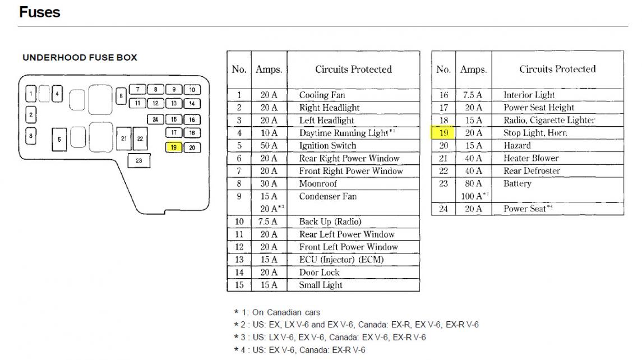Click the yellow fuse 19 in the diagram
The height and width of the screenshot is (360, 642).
[x=174, y=147]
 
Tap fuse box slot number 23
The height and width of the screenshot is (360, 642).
[x=139, y=160]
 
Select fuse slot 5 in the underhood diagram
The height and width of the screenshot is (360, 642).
[x=59, y=139]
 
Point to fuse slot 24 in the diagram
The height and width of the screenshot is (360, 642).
[x=155, y=119]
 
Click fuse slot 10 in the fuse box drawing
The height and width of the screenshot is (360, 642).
[x=192, y=89]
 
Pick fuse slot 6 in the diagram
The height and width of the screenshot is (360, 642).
[x=121, y=96]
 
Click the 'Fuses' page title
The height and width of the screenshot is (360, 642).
[x=40, y=12]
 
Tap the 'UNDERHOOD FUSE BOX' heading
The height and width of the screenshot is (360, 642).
[x=80, y=57]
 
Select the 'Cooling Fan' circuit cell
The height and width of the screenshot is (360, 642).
[x=322, y=95]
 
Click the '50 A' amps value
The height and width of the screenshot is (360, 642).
[x=269, y=145]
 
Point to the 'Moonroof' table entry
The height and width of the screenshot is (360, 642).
[x=318, y=183]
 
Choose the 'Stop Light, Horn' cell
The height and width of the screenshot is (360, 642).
[x=535, y=133]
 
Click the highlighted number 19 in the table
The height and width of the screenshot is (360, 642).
[x=444, y=133]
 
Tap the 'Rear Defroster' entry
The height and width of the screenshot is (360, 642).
[x=532, y=171]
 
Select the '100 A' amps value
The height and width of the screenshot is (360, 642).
[x=474, y=196]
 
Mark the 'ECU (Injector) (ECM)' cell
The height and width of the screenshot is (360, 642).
[x=341, y=260]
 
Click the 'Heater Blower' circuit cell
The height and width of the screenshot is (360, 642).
[x=531, y=158]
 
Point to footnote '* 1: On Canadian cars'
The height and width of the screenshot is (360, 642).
[x=277, y=312]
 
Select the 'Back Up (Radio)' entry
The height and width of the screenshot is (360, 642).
[x=330, y=221]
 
